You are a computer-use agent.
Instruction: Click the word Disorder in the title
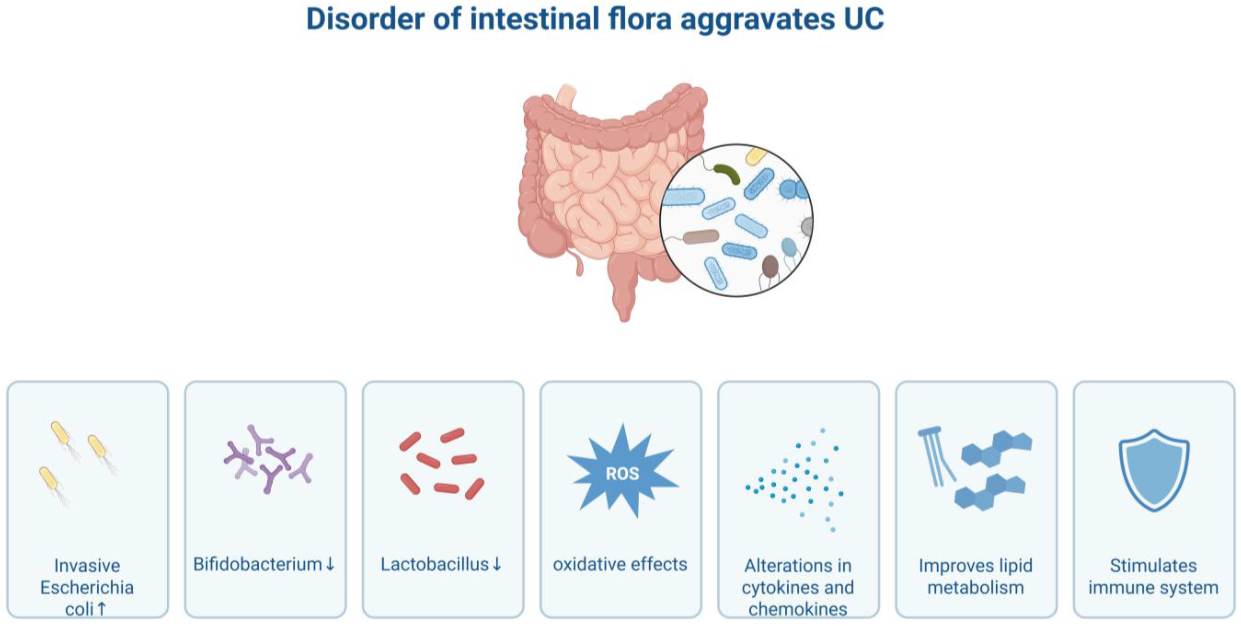(366, 19)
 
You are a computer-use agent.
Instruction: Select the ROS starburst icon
(622, 471)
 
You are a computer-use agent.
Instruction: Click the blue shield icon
(1154, 470)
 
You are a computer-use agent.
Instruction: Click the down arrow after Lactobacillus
(497, 564)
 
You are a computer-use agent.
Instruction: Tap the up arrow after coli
(101, 609)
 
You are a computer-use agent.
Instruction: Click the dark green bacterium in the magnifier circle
(727, 174)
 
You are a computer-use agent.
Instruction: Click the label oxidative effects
(620, 564)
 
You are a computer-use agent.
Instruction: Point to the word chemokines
(798, 609)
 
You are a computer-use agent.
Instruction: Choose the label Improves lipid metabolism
(976, 576)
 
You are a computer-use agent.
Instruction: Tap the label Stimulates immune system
(1153, 576)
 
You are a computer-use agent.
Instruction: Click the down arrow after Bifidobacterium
(330, 564)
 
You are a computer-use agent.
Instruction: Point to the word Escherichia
(87, 587)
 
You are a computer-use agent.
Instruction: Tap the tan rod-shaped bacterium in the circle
(701, 237)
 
